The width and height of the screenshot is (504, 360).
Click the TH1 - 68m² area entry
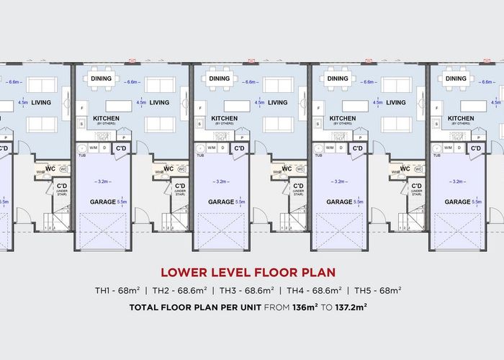tap(117, 291)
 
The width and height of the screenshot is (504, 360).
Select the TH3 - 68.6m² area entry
tap(246, 291)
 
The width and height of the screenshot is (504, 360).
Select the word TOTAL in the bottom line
tap(145, 307)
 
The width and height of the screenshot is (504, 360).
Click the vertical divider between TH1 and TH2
tap(145, 291)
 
